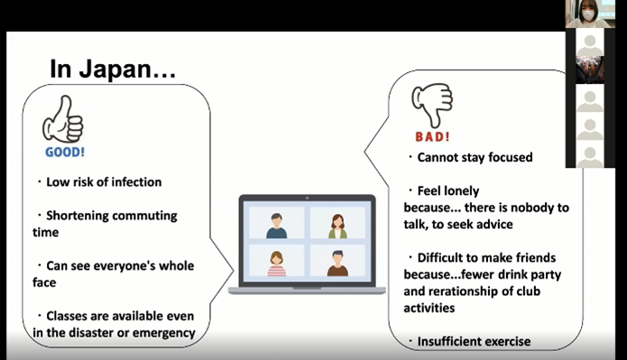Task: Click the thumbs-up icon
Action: (x=63, y=119)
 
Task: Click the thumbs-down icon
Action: (x=432, y=105)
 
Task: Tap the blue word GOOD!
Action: (x=65, y=152)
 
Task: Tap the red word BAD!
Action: (x=432, y=137)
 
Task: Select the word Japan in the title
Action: (x=115, y=69)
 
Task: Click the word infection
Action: (x=136, y=182)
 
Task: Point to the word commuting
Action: (x=144, y=216)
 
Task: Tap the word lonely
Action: (x=460, y=191)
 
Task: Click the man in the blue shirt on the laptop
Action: (x=276, y=226)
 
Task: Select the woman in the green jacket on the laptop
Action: (x=337, y=226)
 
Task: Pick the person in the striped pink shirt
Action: (x=276, y=263)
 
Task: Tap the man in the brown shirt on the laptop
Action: (x=337, y=263)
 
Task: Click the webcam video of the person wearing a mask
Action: (x=588, y=14)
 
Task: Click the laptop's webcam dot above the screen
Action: (x=307, y=198)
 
